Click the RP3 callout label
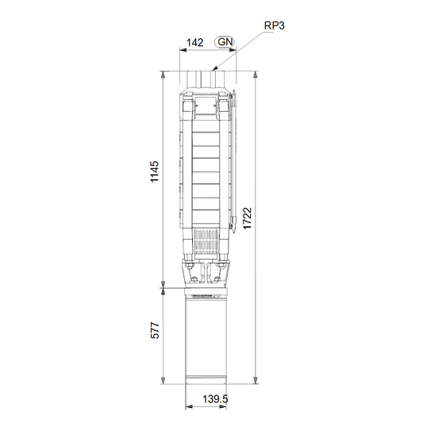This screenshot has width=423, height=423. [274, 25]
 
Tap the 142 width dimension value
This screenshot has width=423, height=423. [195, 42]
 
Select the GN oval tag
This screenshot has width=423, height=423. [225, 42]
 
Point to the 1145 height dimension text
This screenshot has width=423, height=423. [155, 171]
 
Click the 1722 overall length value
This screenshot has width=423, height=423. [247, 218]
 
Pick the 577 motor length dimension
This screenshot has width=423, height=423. [155, 330]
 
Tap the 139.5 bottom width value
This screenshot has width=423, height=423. [215, 399]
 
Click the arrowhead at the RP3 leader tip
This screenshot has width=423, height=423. [214, 69]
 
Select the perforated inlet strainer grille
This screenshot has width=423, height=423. [206, 242]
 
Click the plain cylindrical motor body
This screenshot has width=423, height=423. [206, 340]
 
